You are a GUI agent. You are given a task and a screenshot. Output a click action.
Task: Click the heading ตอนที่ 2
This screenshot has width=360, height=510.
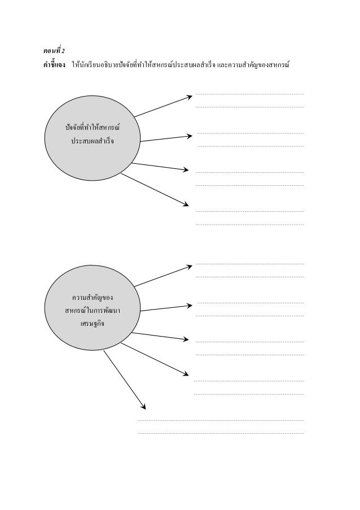coord(54,50)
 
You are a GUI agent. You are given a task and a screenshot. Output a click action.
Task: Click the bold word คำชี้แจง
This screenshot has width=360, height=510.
coord(54,64)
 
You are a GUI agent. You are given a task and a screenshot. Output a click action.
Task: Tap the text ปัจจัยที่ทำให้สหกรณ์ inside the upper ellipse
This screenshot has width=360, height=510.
coord(93,127)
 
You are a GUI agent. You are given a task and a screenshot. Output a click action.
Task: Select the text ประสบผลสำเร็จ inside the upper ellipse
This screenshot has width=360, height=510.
coord(93,141)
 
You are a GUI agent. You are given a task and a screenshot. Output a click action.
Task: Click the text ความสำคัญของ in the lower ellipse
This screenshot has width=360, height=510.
coord(93,297)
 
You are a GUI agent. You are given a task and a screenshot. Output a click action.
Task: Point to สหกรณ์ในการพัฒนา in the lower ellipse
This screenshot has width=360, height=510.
coord(93,310)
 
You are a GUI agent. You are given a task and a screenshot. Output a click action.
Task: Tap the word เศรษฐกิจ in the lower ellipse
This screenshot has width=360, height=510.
coord(93,324)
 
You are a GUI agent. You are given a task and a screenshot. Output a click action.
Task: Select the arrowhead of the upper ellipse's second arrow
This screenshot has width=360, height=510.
coord(190,136)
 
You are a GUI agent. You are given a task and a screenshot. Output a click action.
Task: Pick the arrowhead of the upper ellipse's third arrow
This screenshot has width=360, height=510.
coord(186,169)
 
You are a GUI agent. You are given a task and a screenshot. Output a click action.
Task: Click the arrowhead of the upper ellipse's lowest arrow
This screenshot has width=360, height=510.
coord(186,204)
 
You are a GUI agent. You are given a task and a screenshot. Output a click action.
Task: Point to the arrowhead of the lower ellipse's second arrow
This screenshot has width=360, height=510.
coord(190,306)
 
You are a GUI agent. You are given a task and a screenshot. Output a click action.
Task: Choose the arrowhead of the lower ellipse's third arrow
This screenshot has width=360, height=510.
coord(186,339)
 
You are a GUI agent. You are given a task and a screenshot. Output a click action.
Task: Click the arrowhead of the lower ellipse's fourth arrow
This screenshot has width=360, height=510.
coord(186,374)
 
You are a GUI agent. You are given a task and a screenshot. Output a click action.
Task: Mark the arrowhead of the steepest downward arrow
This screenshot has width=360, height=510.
coord(143,407)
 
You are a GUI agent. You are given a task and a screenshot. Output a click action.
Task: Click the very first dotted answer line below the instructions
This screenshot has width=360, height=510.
coord(250,94)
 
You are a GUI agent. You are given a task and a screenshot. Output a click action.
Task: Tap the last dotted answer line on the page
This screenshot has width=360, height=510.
coord(221,433)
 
